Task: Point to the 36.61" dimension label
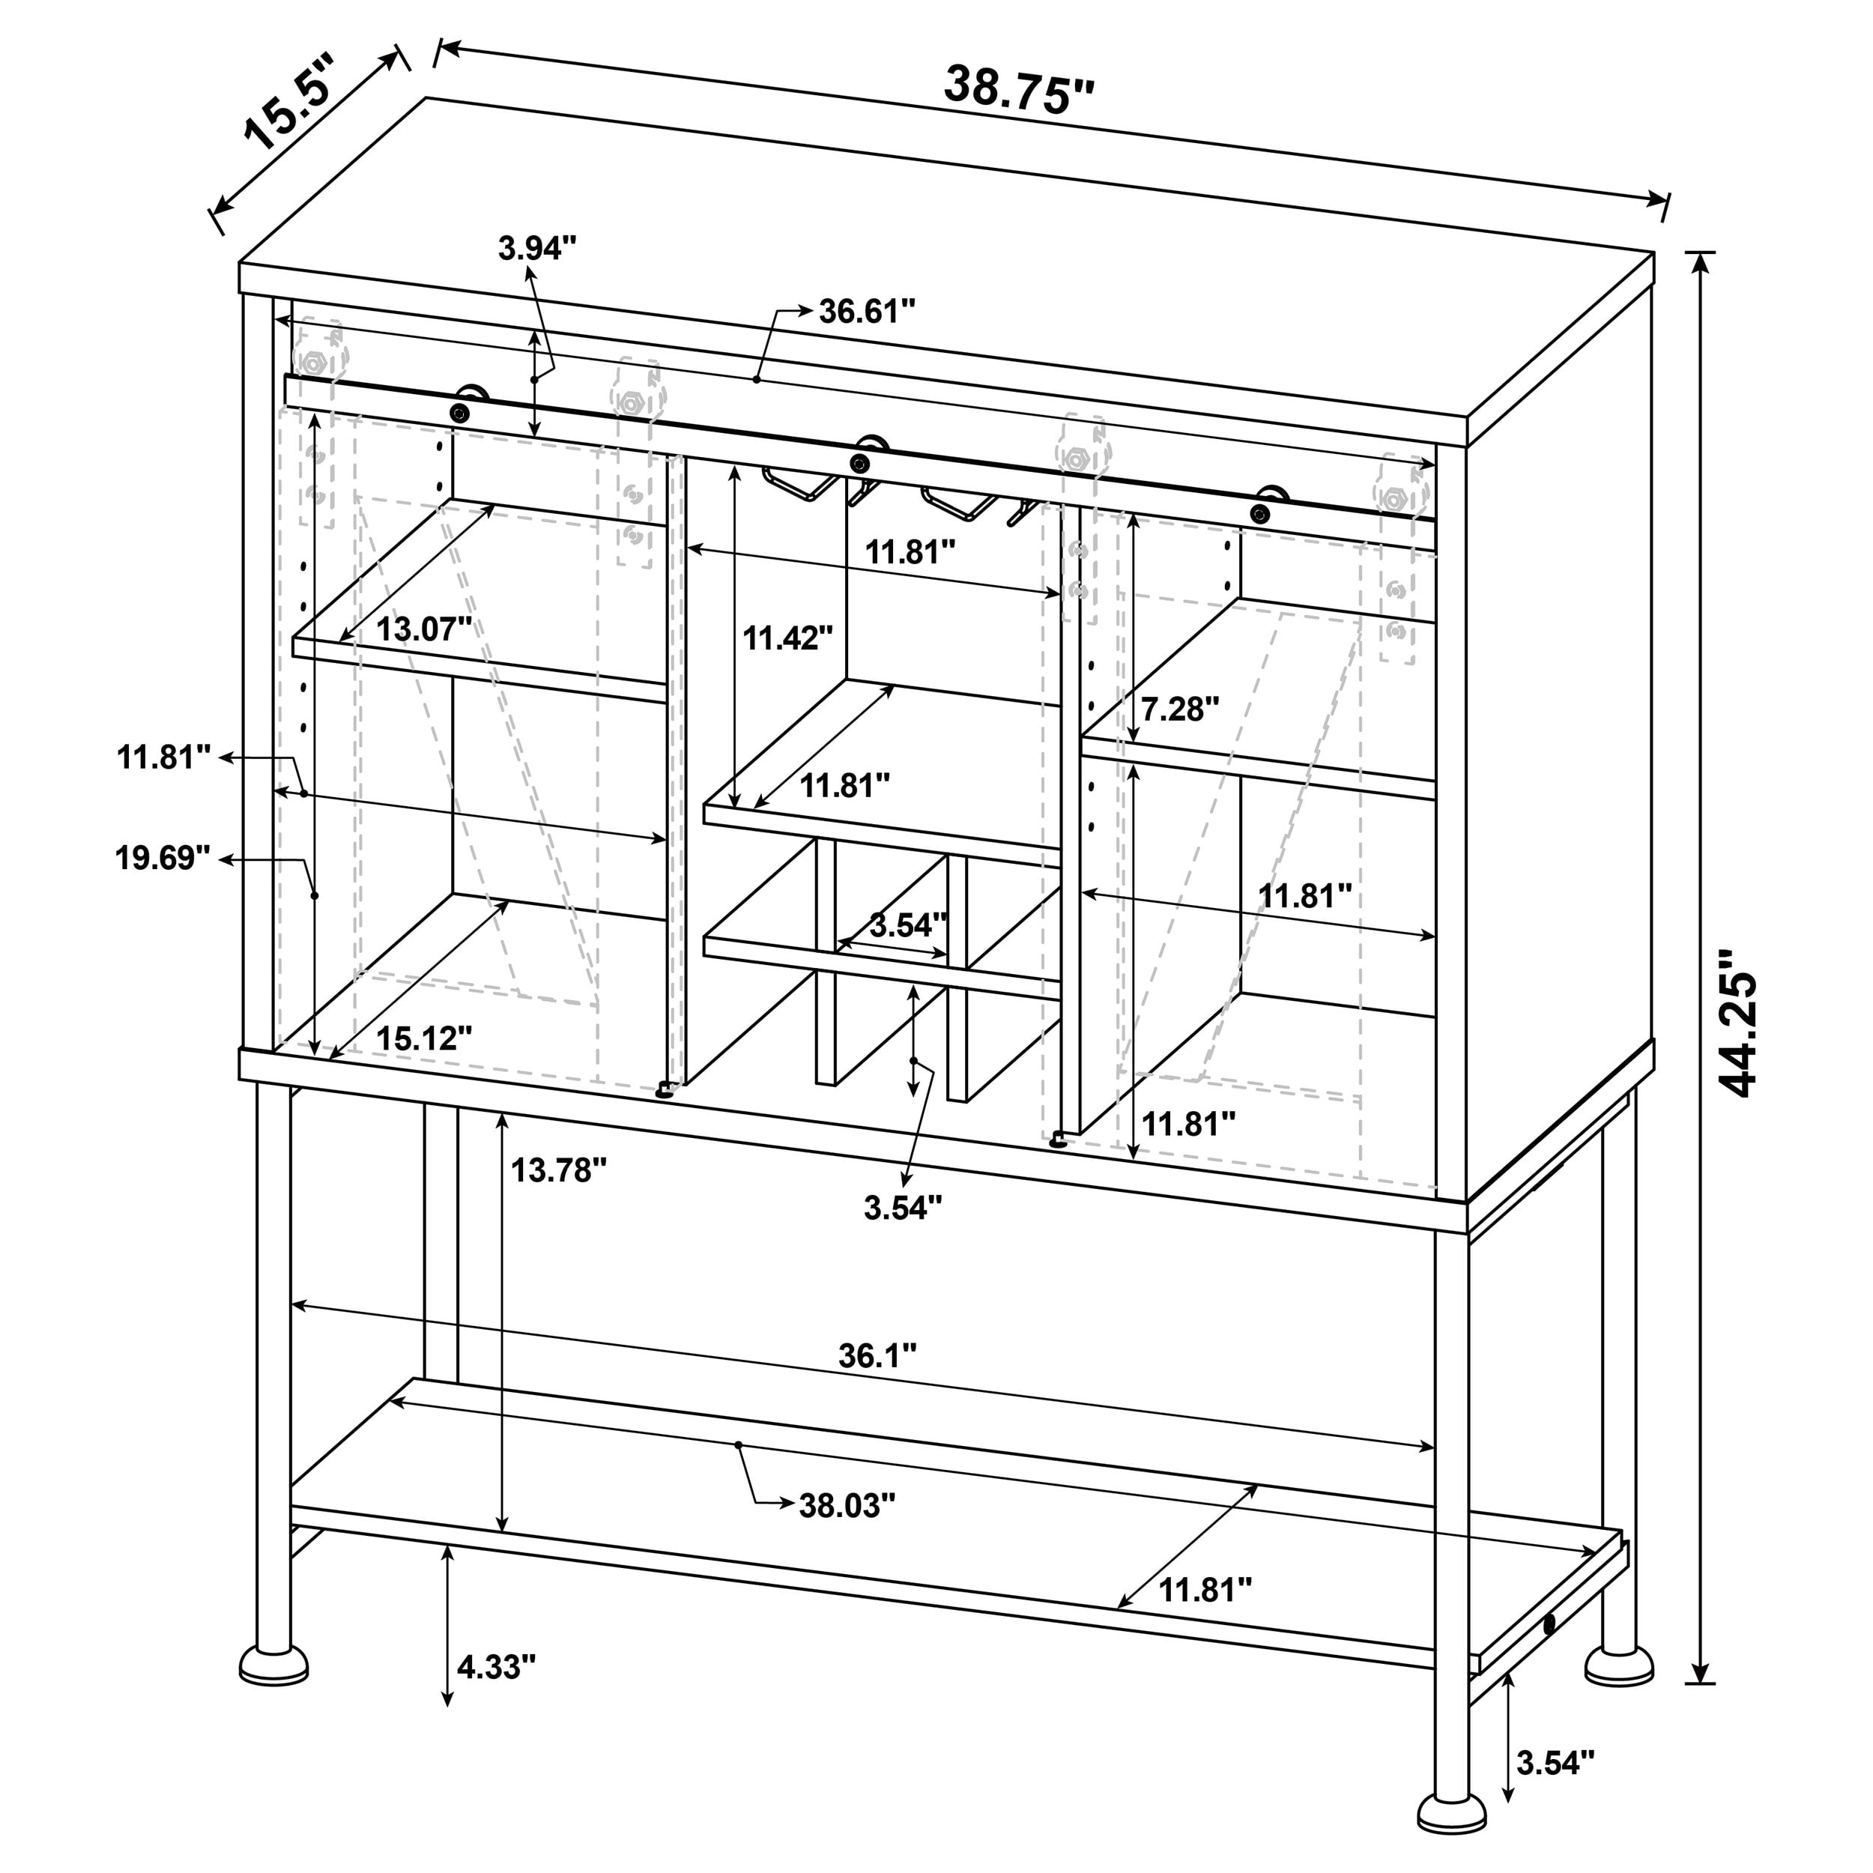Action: (867, 312)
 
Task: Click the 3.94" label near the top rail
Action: (537, 248)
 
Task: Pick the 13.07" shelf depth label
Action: (423, 629)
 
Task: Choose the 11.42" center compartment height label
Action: (787, 638)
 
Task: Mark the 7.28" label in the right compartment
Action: (1178, 709)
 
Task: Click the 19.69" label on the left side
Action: (163, 858)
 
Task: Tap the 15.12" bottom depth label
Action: (423, 1038)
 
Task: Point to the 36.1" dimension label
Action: (877, 1355)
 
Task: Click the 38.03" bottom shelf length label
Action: (847, 1506)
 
